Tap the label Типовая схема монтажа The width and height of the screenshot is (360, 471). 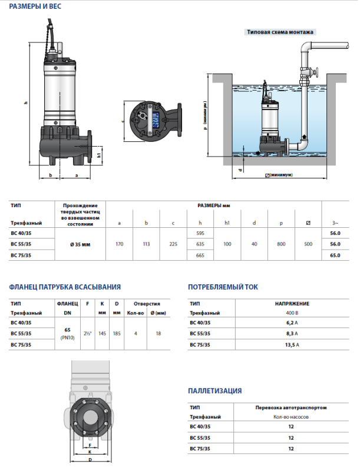280,32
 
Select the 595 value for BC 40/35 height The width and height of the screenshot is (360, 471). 200,233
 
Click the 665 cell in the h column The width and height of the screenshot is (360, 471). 200,255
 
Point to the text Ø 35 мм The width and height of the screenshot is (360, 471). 80,244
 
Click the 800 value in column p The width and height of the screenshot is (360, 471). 280,244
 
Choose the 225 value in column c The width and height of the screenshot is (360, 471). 173,244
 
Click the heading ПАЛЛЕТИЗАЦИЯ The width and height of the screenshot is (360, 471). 214,390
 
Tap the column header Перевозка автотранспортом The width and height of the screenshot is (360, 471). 291,407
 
